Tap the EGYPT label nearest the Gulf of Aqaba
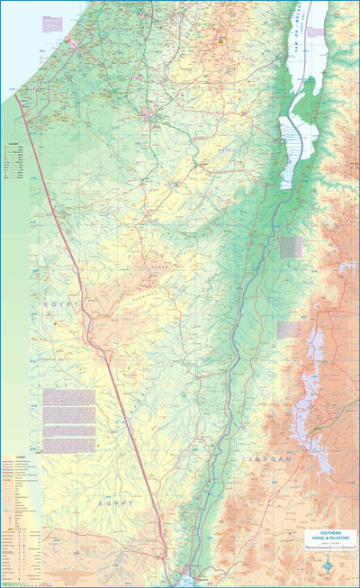115,503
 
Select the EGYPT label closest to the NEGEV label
60,306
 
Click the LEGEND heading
18,458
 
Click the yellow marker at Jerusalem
221,38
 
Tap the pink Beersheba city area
148,114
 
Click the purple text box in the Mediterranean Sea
54,19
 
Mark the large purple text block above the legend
68,420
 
